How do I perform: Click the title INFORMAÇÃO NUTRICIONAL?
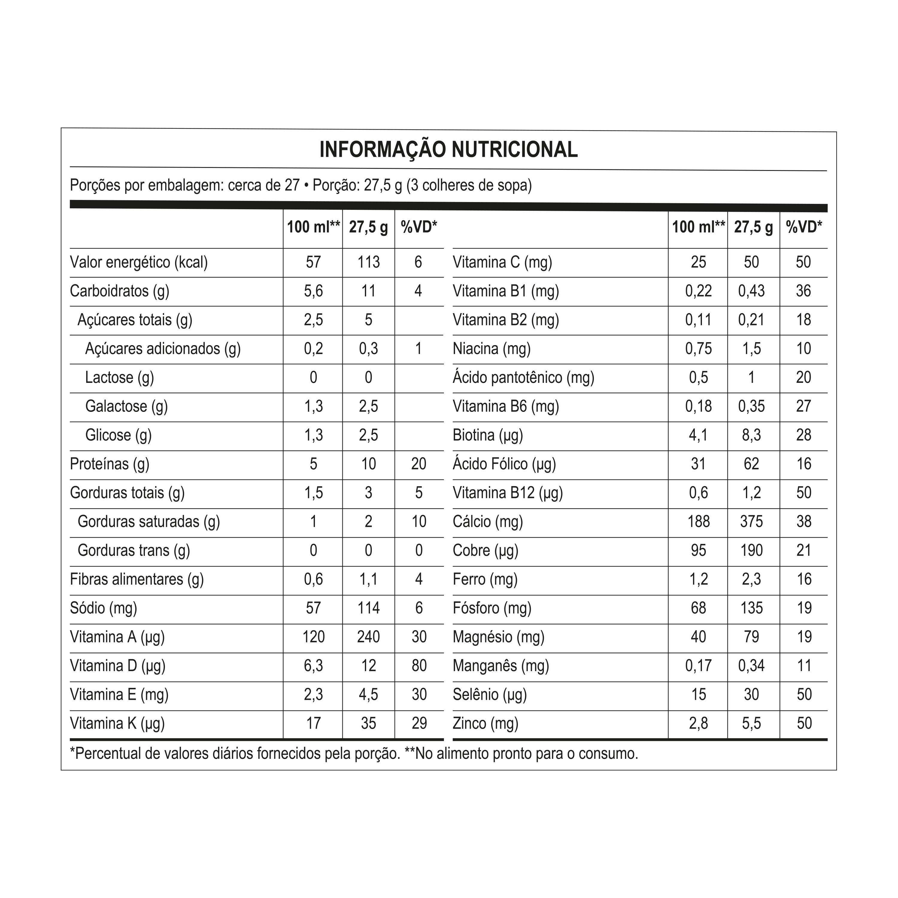pyautogui.click(x=448, y=150)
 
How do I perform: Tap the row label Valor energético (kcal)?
pyautogui.click(x=139, y=262)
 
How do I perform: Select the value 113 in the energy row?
pyautogui.click(x=368, y=262)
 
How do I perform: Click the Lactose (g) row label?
pyautogui.click(x=119, y=377)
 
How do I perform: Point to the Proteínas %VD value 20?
pyautogui.click(x=418, y=464)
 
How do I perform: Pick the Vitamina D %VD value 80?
pyautogui.click(x=419, y=666)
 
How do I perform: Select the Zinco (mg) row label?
pyautogui.click(x=485, y=723)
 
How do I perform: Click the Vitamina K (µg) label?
pyautogui.click(x=117, y=723)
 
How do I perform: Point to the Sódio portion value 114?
pyautogui.click(x=368, y=608)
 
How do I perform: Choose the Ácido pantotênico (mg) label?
pyautogui.click(x=523, y=377)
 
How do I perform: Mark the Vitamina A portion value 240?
pyautogui.click(x=368, y=637)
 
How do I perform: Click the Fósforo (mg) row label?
pyautogui.click(x=492, y=608)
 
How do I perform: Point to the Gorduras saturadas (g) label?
pyautogui.click(x=149, y=521)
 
